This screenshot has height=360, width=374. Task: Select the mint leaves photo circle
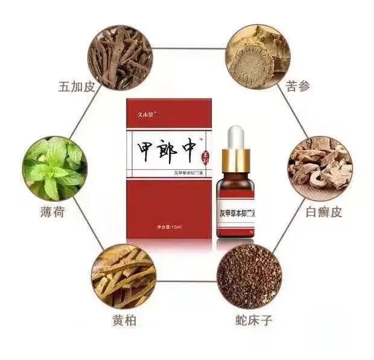pyautogui.click(x=54, y=170)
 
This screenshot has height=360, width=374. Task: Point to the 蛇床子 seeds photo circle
pyautogui.click(x=249, y=277)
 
